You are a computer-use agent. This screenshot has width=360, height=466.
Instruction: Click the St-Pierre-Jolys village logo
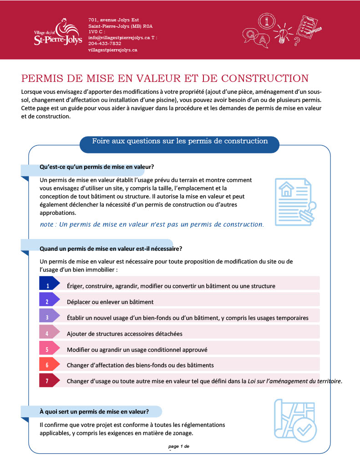[58, 32]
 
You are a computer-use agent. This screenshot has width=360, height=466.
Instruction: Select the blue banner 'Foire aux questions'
[180, 141]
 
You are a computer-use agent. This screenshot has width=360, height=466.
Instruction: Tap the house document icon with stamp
[294, 201]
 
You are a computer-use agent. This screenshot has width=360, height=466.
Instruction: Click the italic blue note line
[152, 224]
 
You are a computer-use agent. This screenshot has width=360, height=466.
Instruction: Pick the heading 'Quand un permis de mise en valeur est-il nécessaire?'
[111, 248]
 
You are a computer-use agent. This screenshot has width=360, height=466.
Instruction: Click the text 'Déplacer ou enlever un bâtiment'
[110, 302]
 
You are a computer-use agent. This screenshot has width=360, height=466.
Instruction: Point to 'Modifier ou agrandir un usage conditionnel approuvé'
[137, 349]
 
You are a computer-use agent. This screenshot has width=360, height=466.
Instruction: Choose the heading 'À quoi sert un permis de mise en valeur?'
[94, 412]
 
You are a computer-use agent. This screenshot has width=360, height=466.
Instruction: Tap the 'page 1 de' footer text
[179, 446]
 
